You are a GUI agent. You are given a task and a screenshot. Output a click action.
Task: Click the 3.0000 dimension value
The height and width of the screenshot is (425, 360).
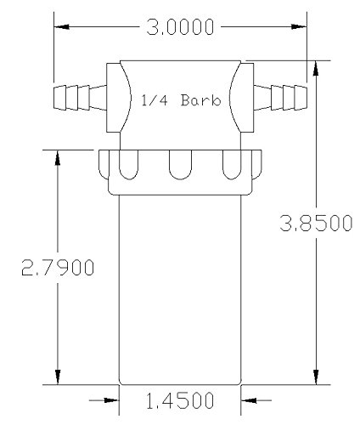coord(180,27)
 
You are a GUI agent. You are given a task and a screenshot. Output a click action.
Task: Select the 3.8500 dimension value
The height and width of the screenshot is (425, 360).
coord(316,223)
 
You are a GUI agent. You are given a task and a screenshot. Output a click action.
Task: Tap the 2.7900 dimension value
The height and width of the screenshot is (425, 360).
coord(58,267)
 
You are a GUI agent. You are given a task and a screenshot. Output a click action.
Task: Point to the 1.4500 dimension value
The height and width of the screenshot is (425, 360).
coord(180,400)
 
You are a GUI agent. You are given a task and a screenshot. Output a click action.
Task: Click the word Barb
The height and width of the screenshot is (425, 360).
coord(200,100)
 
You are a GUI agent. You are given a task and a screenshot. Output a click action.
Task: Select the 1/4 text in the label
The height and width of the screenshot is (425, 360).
coord(155,100)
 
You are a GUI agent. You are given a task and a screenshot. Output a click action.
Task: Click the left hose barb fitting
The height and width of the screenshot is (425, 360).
coord(80,98)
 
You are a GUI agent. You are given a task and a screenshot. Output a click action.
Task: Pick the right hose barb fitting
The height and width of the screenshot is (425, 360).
coord(280,98)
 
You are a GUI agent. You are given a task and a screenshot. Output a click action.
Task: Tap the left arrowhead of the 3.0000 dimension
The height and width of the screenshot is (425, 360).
coord(61,27)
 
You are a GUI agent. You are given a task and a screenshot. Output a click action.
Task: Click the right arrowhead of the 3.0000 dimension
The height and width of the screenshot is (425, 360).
coord(299,27)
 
